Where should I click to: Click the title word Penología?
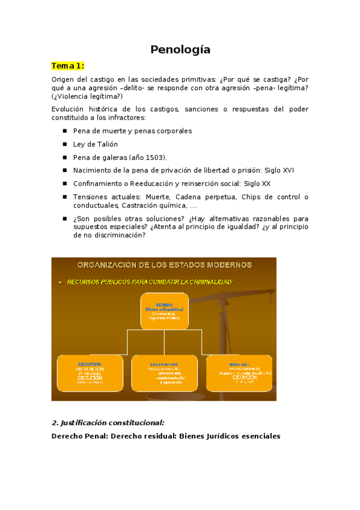[x=180, y=50]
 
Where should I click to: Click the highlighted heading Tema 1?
[x=67, y=66]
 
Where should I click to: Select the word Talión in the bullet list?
[x=107, y=144]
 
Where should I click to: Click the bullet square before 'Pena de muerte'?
[x=65, y=131]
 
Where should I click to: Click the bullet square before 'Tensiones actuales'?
[x=65, y=197]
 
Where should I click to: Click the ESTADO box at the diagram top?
[x=163, y=311]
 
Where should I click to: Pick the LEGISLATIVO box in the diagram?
[x=163, y=373]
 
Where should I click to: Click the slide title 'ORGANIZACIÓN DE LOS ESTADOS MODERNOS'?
[x=163, y=265]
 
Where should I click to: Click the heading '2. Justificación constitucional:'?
[x=108, y=423]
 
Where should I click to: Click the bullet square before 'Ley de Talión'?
[x=65, y=144]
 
